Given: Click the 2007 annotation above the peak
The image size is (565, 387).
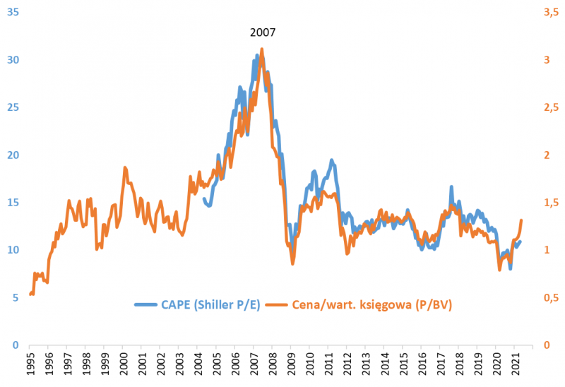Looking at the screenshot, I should point(263,32).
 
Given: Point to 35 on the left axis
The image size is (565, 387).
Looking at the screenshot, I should point(11,12).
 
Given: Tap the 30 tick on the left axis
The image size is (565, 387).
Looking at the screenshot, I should point(11,60).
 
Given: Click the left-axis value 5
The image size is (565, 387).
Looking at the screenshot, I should point(14,298).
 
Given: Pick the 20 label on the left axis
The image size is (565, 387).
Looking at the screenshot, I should point(11,155).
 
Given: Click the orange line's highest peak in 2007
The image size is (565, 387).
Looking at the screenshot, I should point(262,49).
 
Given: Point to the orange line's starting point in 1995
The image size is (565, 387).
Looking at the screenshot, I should point(30,294).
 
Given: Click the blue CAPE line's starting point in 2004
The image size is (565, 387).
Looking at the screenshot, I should point(203,199).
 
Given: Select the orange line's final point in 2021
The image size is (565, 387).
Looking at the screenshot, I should point(521,220).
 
